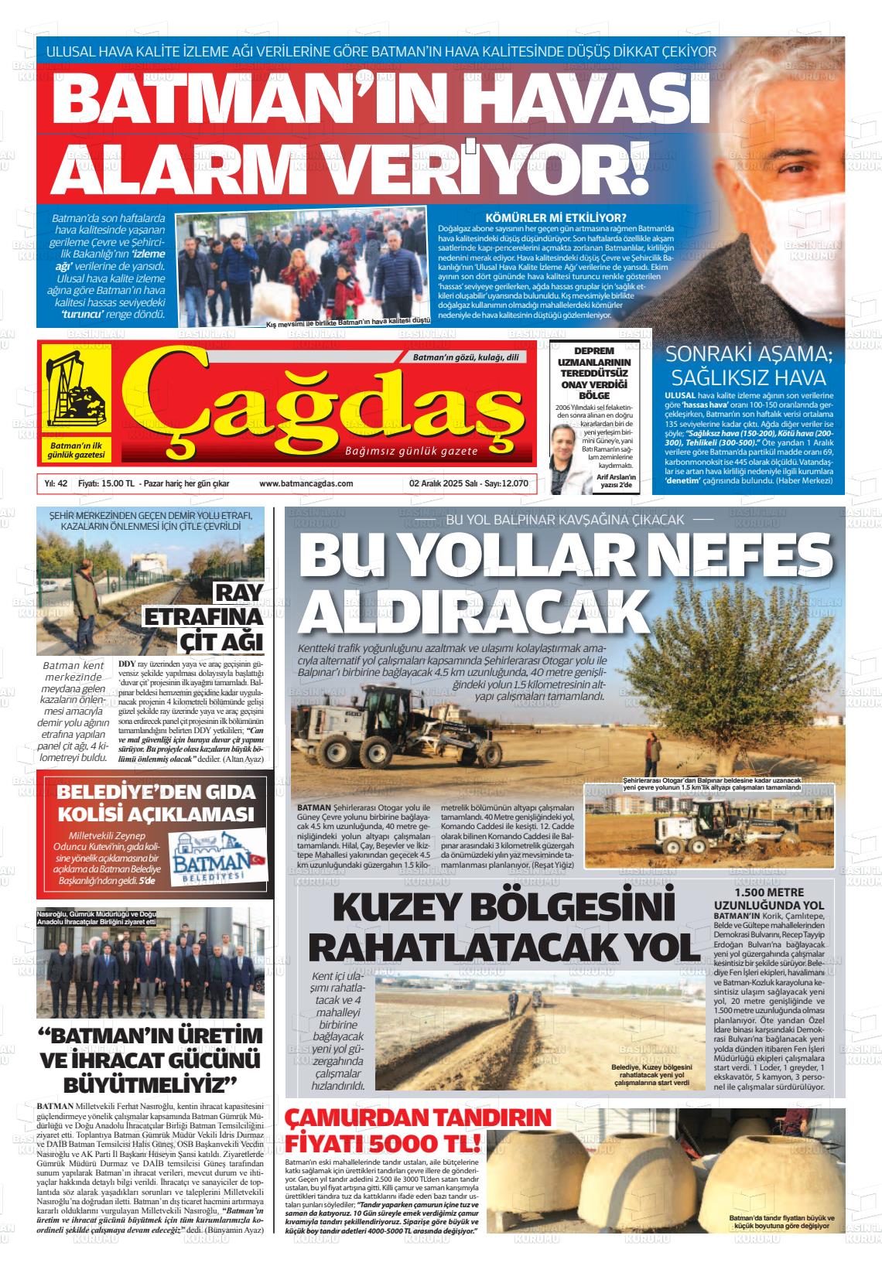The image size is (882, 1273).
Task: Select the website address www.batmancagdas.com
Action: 306,483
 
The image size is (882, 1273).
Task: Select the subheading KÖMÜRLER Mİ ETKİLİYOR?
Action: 555,217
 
